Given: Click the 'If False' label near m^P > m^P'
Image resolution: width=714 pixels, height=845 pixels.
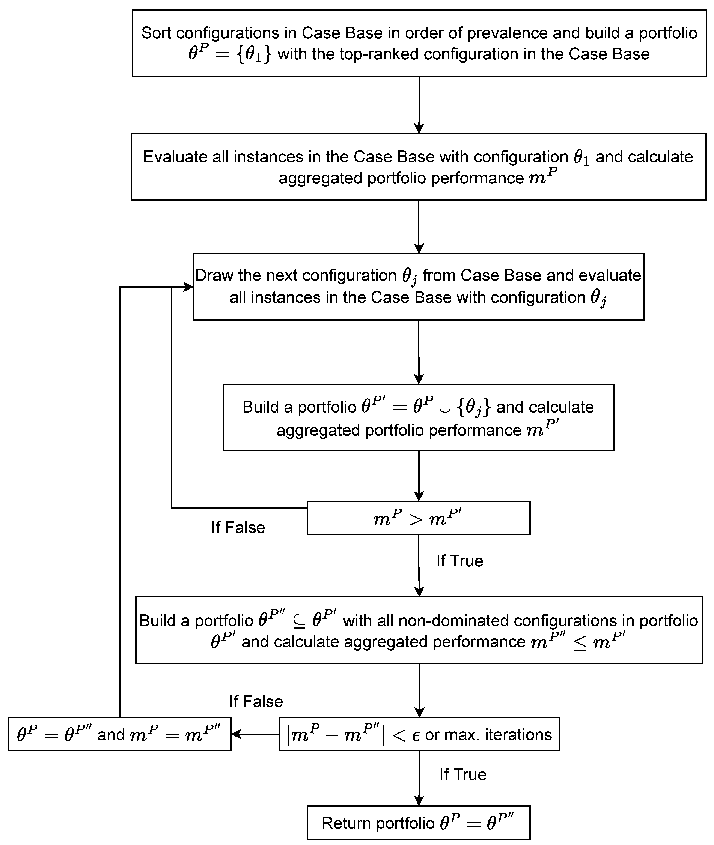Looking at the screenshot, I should coord(238,527).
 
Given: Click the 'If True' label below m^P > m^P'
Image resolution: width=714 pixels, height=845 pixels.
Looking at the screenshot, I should coord(459,561).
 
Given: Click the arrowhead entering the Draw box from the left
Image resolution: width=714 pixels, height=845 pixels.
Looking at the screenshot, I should coord(188,287).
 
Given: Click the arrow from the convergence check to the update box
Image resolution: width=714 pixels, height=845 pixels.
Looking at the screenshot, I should coord(255,734).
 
